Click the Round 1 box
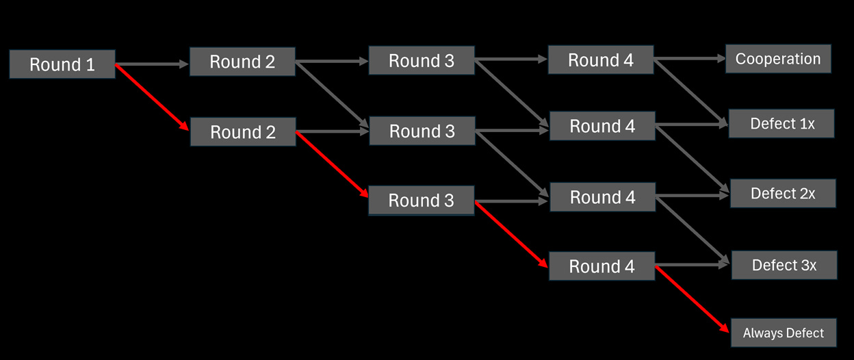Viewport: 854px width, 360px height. (x=62, y=64)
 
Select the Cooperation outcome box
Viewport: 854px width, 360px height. (x=778, y=59)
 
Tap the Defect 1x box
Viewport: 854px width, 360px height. (x=782, y=124)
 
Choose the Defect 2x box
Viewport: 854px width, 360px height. (x=783, y=194)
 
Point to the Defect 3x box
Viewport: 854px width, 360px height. (x=784, y=265)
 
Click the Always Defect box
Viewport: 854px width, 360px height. (x=784, y=333)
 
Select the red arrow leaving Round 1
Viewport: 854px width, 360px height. (x=152, y=97)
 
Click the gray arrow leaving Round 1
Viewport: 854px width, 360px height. (x=152, y=64)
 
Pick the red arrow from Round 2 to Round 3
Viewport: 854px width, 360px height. (x=331, y=164)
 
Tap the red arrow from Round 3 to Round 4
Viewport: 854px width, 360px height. (x=511, y=233)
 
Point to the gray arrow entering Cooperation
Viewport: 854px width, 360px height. (x=690, y=59)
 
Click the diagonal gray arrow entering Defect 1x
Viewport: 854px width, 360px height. (x=690, y=92)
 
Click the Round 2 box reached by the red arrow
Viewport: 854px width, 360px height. (x=242, y=131)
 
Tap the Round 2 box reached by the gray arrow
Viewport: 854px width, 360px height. (x=242, y=62)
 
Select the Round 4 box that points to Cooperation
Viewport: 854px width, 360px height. (x=601, y=60)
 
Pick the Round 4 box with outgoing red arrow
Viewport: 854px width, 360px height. (x=602, y=266)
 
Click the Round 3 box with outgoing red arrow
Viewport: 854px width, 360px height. (x=421, y=201)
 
